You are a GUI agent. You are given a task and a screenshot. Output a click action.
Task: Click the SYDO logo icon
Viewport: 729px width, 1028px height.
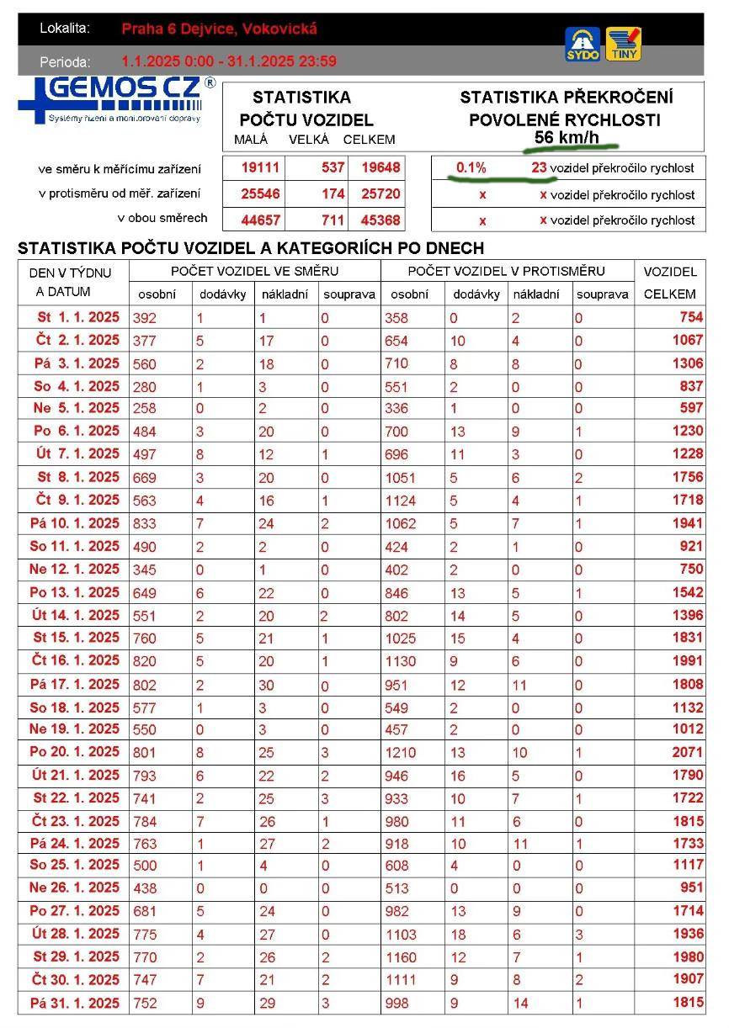[583, 44]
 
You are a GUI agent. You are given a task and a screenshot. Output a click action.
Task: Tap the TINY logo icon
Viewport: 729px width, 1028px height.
[623, 44]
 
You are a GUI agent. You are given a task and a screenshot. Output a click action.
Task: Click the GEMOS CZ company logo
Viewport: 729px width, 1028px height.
[116, 101]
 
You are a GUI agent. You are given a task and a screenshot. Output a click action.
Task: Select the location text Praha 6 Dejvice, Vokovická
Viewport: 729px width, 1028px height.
[219, 29]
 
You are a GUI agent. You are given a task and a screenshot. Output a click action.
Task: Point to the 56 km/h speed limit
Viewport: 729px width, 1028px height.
[567, 136]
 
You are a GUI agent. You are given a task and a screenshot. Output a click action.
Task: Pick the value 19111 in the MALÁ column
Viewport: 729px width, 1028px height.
[260, 167]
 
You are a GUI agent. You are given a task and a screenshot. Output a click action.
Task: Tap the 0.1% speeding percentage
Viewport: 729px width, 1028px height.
[471, 167]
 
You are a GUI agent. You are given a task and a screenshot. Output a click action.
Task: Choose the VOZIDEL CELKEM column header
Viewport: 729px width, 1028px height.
[669, 283]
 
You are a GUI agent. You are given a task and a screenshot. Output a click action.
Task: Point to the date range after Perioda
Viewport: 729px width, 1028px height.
[229, 61]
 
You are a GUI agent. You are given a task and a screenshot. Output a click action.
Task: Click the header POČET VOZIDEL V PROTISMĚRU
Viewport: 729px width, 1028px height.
[506, 271]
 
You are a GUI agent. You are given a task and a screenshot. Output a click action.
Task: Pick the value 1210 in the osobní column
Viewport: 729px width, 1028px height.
[401, 752]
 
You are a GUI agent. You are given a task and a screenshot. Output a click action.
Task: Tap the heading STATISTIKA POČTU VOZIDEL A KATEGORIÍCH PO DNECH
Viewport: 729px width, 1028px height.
[250, 249]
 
